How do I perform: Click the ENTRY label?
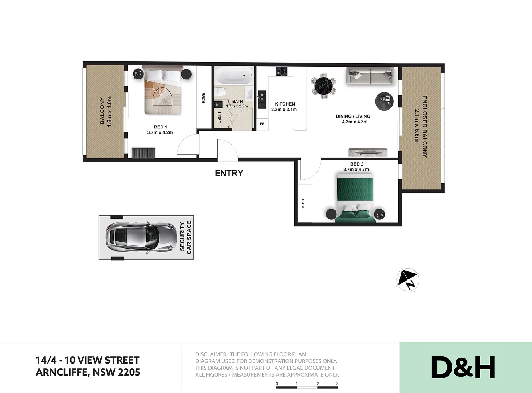(x=229, y=173)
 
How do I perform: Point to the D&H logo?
(x=463, y=367)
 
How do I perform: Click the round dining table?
(x=323, y=86)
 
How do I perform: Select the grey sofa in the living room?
(x=370, y=76)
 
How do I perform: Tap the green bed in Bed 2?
(x=355, y=198)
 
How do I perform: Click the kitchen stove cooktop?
(x=281, y=71)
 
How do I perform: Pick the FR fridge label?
(x=262, y=124)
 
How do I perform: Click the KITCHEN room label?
(x=285, y=104)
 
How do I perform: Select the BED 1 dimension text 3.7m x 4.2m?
(x=160, y=132)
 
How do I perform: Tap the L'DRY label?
(x=219, y=118)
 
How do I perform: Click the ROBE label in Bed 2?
(x=303, y=204)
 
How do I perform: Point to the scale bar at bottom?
(x=307, y=387)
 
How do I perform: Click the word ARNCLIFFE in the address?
(x=62, y=372)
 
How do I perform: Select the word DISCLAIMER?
(x=210, y=354)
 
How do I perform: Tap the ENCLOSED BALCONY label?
(x=424, y=126)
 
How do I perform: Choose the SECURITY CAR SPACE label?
(x=185, y=237)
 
